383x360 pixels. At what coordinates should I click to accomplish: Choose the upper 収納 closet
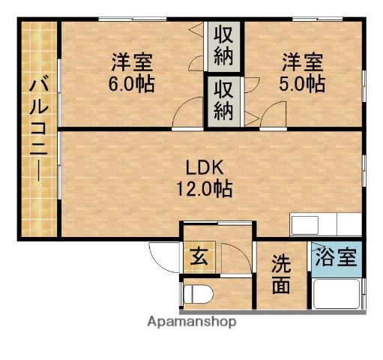tap(223, 45)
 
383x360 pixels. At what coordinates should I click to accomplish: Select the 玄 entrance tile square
tap(199, 259)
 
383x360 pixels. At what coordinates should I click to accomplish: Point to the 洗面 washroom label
tap(282, 274)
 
